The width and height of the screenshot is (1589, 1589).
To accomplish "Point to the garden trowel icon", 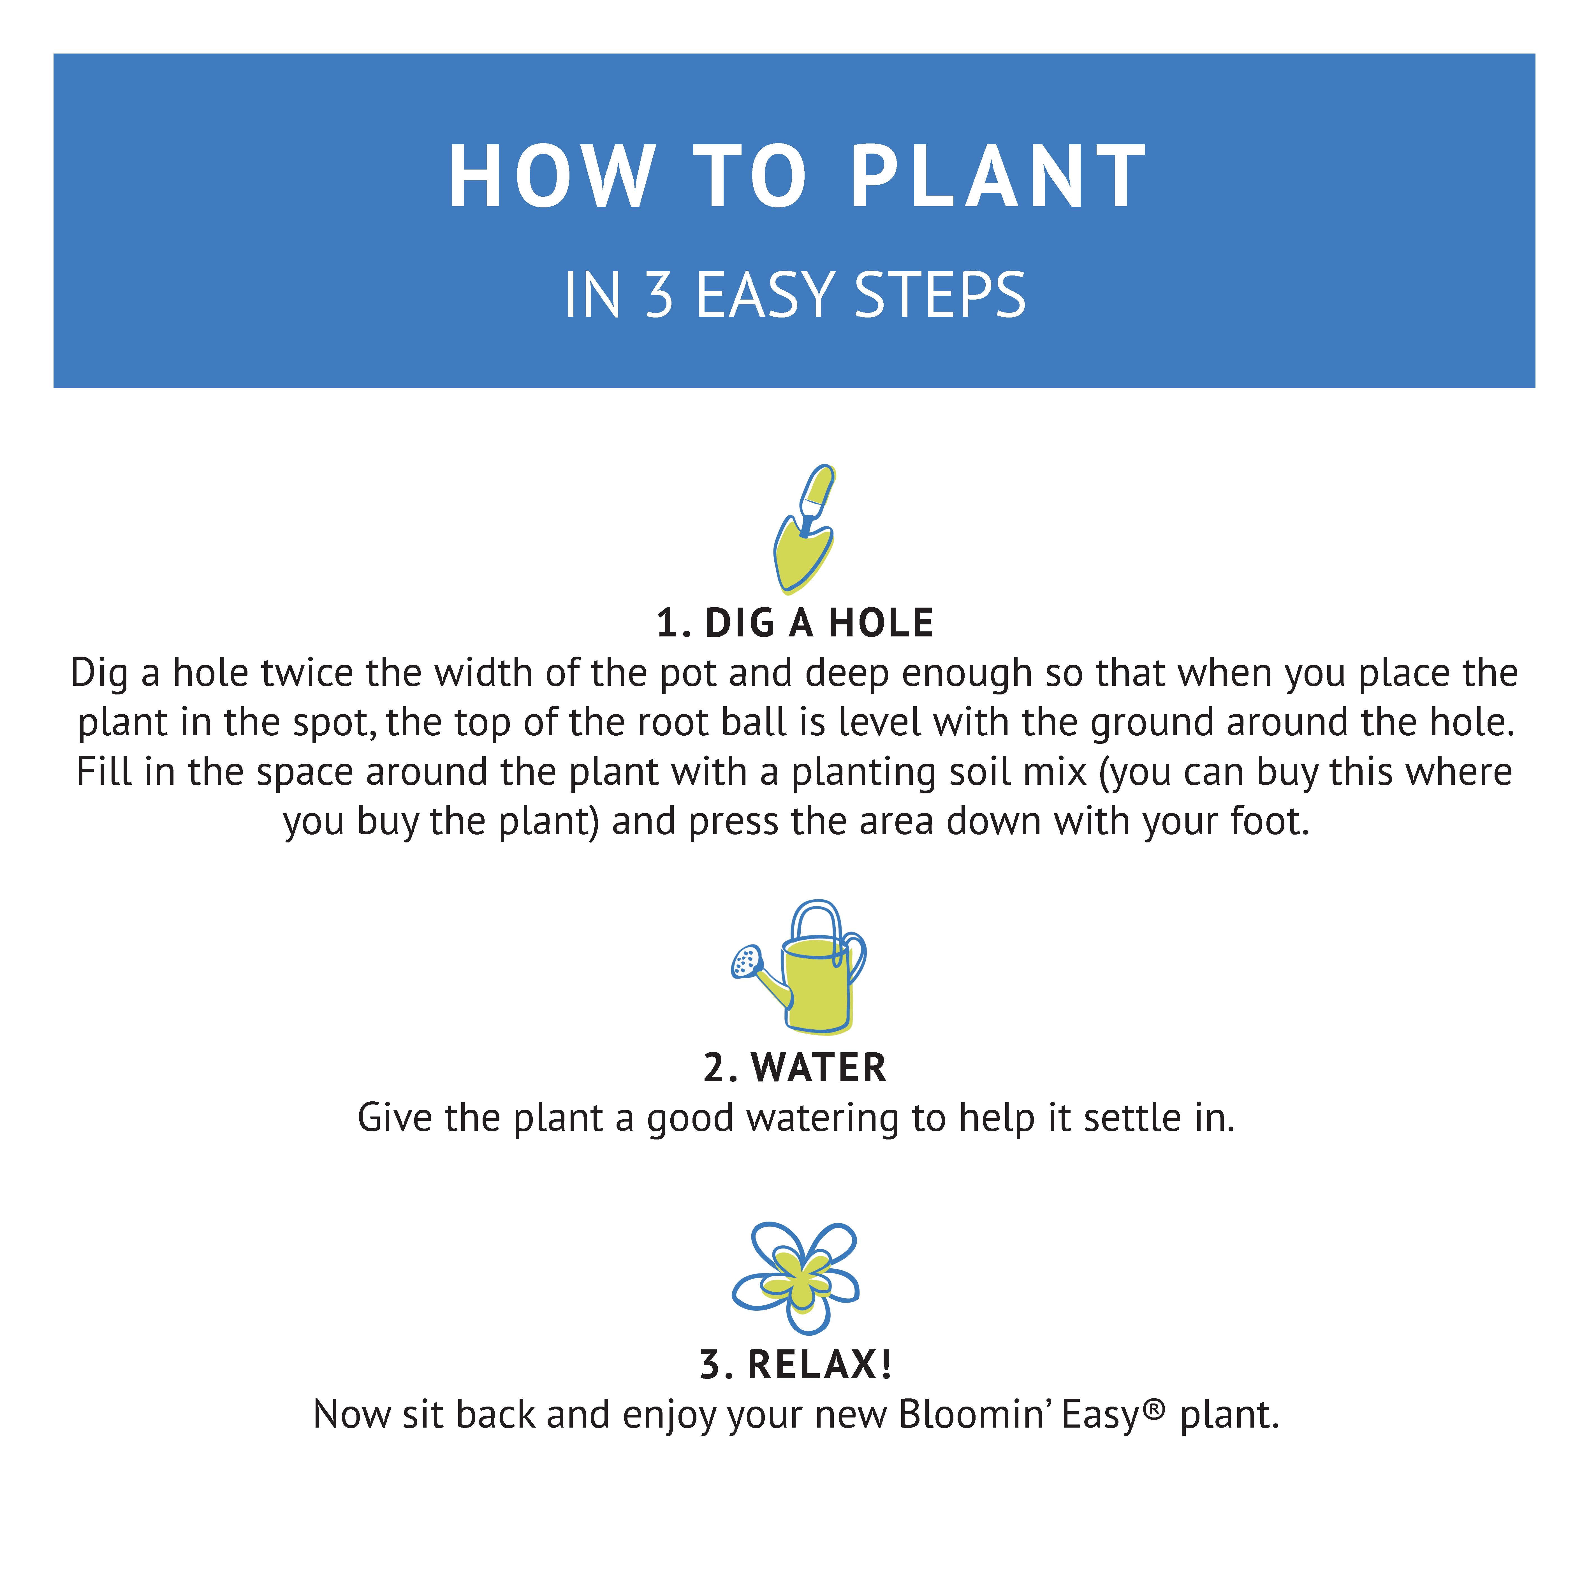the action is point(804,529).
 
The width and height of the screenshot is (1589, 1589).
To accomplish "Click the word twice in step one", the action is point(307,673).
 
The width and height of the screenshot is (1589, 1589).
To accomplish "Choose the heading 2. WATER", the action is point(794,1067).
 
